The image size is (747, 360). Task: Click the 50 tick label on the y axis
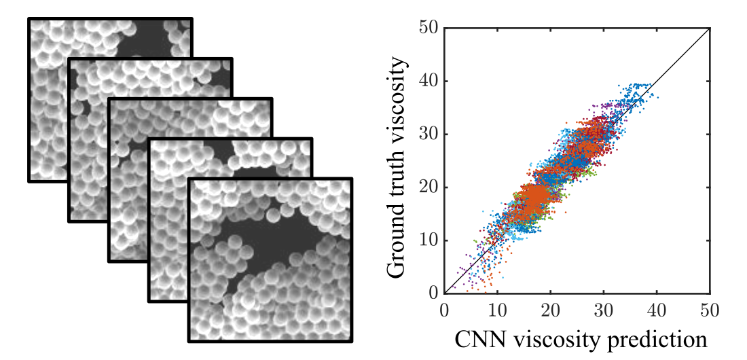429,29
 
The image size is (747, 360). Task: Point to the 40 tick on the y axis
429,82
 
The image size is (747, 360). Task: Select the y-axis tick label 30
429,134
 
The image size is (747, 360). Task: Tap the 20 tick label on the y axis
429,187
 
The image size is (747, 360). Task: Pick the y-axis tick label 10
429,240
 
